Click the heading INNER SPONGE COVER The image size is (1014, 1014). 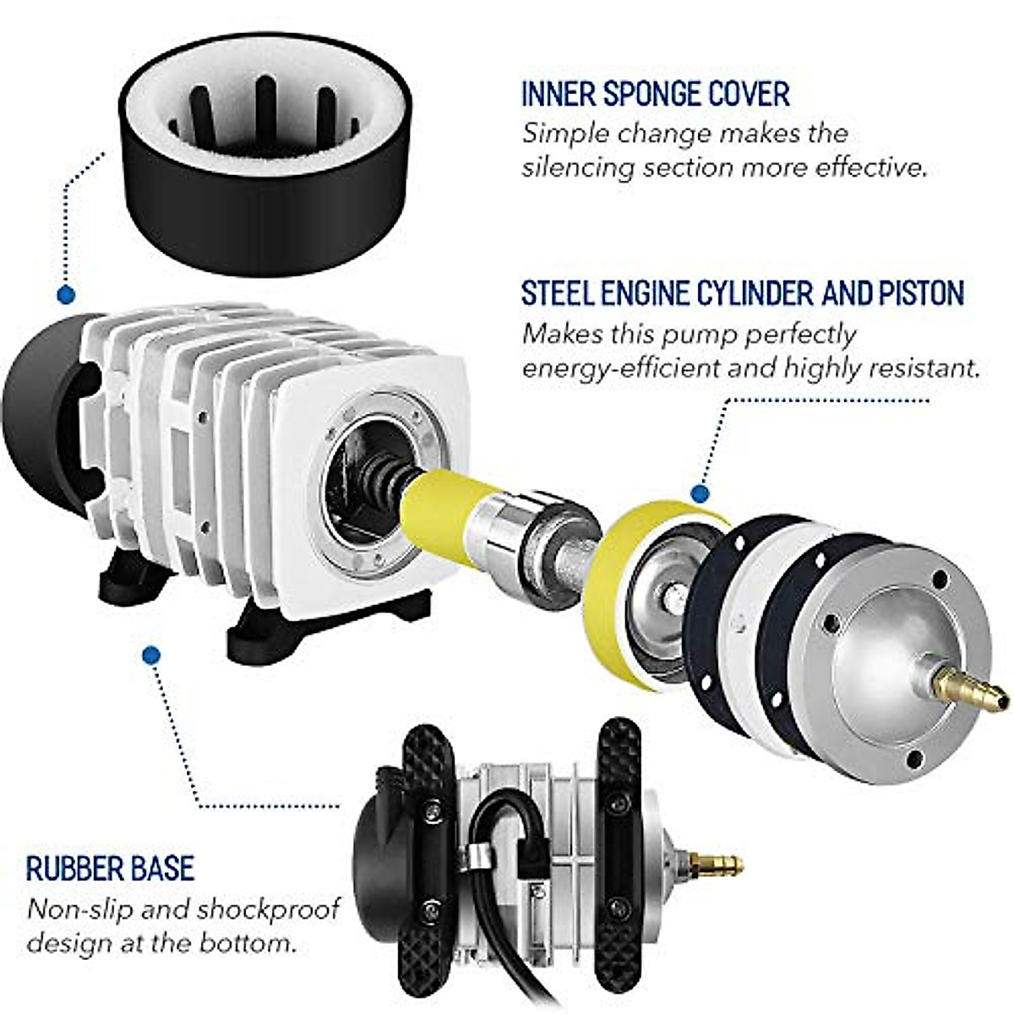655,93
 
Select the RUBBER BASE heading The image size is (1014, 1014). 110,868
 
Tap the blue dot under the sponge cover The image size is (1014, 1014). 65,295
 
